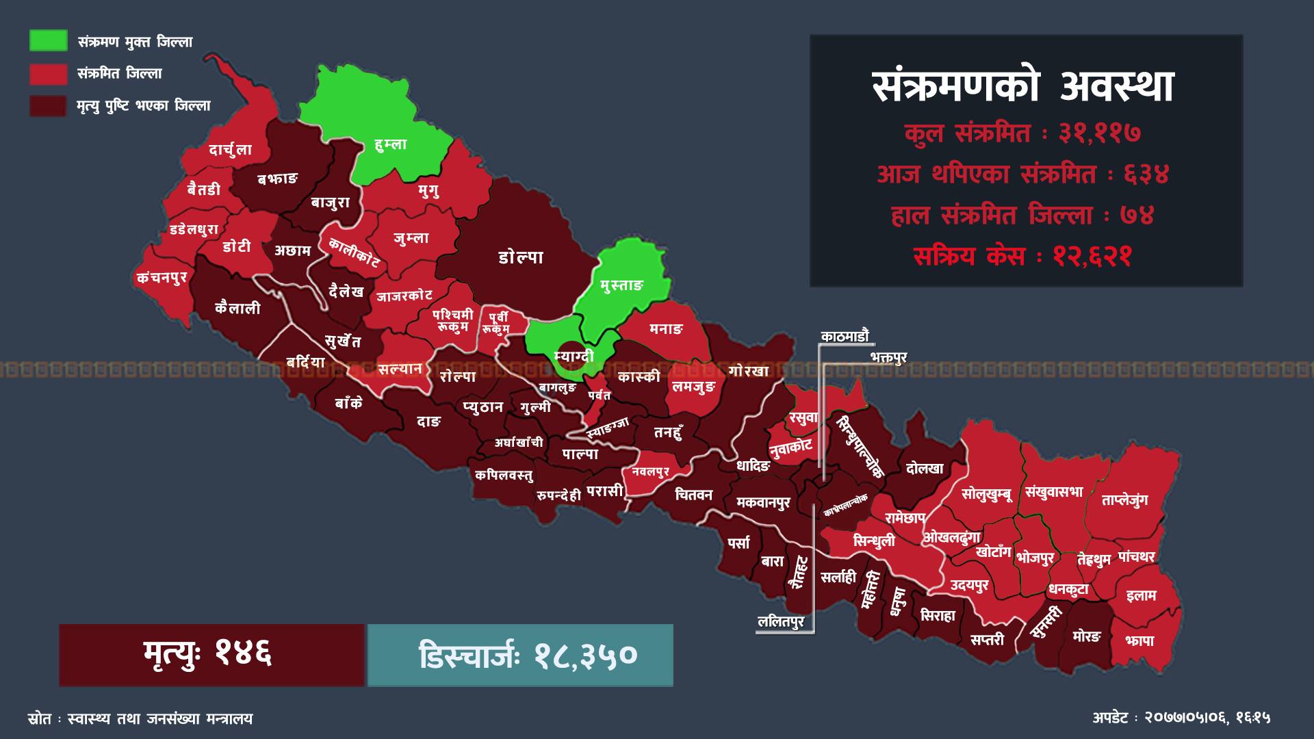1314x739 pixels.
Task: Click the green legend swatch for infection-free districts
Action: point(48,40)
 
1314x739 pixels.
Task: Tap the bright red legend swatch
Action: point(48,74)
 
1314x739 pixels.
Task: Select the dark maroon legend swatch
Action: point(48,106)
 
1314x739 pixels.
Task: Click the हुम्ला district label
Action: point(391,144)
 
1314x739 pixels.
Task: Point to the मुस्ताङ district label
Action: point(621,285)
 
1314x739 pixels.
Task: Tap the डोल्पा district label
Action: point(521,257)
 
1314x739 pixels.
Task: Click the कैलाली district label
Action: point(237,309)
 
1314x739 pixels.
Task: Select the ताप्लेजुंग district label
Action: point(1124,500)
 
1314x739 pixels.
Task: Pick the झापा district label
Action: point(1139,640)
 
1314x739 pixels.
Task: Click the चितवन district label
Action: point(693,495)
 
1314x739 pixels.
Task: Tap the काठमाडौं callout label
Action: point(845,337)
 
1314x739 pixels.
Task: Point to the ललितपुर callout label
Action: point(781,623)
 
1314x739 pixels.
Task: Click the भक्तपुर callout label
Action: point(888,358)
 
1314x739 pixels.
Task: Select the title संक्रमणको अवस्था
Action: point(1024,87)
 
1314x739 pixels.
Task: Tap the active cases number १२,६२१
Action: point(1093,257)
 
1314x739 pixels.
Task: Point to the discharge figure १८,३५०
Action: point(586,656)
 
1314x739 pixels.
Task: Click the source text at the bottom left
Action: point(140,718)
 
